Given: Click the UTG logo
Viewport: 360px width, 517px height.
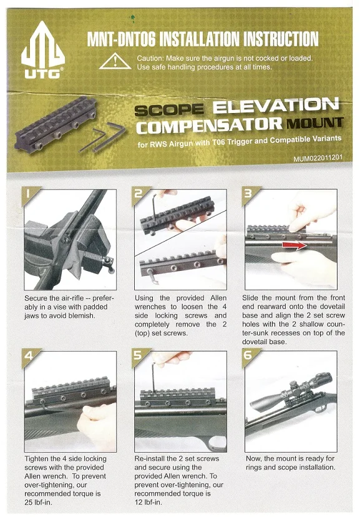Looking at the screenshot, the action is tap(43, 49).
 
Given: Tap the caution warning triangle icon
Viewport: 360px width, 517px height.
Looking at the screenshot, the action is tap(115, 61).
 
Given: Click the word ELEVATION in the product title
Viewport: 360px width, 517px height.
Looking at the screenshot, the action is tap(276, 106).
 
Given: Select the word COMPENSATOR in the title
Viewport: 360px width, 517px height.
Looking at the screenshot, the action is tap(210, 126).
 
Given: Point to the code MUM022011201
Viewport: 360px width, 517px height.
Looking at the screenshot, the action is tap(318, 158).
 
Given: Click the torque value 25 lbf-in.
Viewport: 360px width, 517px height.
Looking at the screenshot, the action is tap(38, 503).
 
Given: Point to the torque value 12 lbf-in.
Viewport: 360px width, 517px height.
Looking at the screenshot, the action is tap(148, 503).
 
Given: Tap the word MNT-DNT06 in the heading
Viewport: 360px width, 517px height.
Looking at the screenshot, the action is tap(121, 39).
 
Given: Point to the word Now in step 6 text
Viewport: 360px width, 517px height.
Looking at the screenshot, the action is tap(253, 459).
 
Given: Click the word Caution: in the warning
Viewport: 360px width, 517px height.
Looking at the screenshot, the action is tap(150, 58).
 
